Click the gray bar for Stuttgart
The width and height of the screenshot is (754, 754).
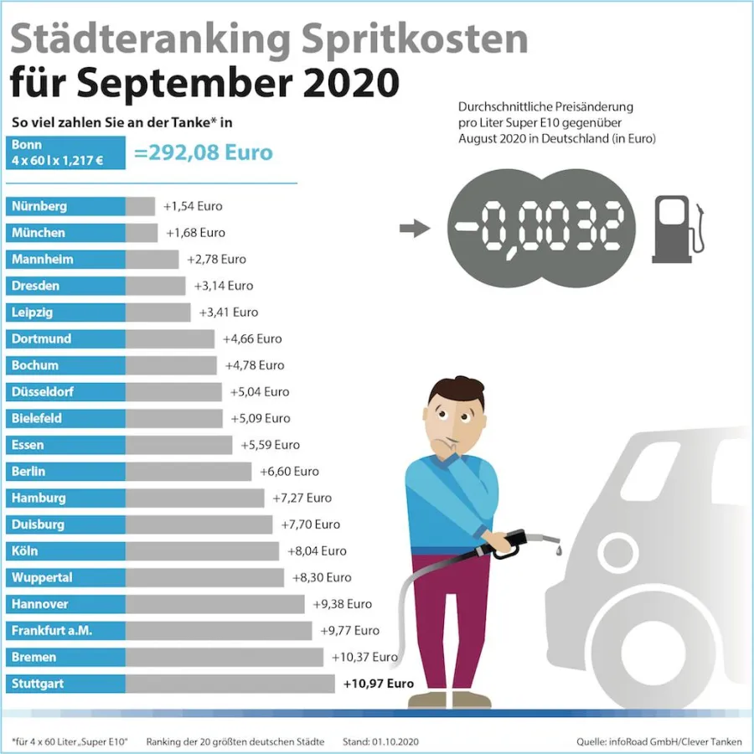click(x=230, y=684)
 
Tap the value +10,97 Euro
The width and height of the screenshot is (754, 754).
click(x=379, y=684)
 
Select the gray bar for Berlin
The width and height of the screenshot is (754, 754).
click(x=188, y=472)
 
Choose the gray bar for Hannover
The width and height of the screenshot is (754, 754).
click(x=214, y=604)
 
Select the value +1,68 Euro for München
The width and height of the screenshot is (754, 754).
click(x=195, y=233)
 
